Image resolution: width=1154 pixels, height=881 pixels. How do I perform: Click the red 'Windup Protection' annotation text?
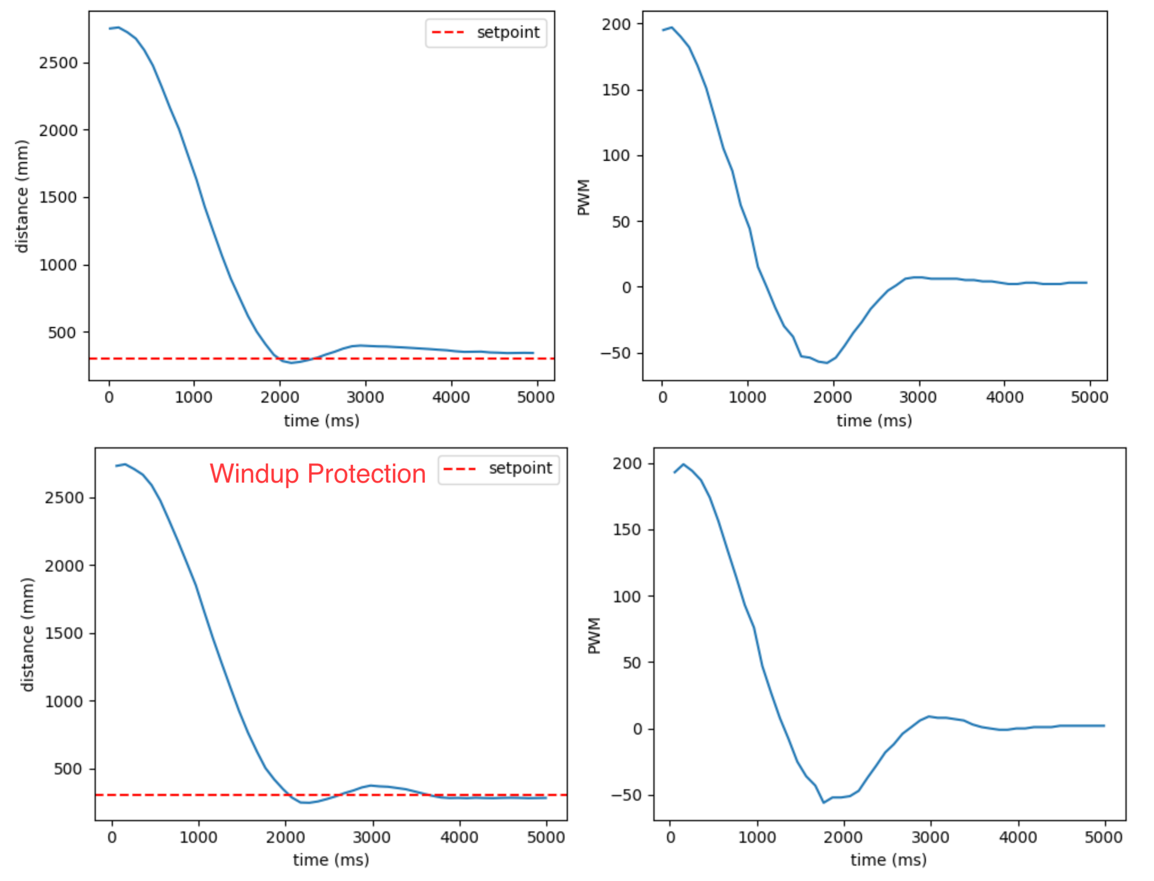point(318,474)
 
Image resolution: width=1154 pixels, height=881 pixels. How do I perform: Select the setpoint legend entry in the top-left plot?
point(486,32)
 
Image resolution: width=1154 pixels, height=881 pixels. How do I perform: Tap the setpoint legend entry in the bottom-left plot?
point(498,468)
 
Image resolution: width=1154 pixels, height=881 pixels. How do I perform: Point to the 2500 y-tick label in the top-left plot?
point(58,63)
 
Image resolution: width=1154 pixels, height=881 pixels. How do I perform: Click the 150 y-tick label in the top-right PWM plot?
point(616,90)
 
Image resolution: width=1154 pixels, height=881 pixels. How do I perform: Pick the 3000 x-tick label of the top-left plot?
point(365,397)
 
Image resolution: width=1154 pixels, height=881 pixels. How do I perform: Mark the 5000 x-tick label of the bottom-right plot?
point(1104,837)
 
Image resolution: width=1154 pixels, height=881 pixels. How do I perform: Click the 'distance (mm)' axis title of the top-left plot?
point(22,196)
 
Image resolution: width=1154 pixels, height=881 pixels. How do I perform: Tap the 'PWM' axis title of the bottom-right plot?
point(594,635)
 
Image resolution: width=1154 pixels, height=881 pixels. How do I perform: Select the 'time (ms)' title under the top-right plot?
point(874,421)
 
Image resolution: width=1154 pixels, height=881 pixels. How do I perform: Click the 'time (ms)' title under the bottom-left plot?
point(331,859)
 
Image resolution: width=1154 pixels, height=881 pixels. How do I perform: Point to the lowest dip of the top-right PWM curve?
point(826,362)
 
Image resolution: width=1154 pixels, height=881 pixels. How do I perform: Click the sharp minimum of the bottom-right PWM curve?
point(823,802)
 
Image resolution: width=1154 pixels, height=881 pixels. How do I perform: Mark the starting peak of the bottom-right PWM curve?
point(684,464)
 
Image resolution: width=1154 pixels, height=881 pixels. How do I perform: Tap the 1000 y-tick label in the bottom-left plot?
point(64,701)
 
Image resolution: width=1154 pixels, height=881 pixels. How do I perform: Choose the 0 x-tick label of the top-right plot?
point(663,397)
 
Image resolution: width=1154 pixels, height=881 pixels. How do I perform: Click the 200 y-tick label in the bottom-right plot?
point(627,463)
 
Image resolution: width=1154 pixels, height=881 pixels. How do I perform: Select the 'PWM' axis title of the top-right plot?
point(583,197)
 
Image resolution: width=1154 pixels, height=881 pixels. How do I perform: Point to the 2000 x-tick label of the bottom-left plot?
point(285,837)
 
